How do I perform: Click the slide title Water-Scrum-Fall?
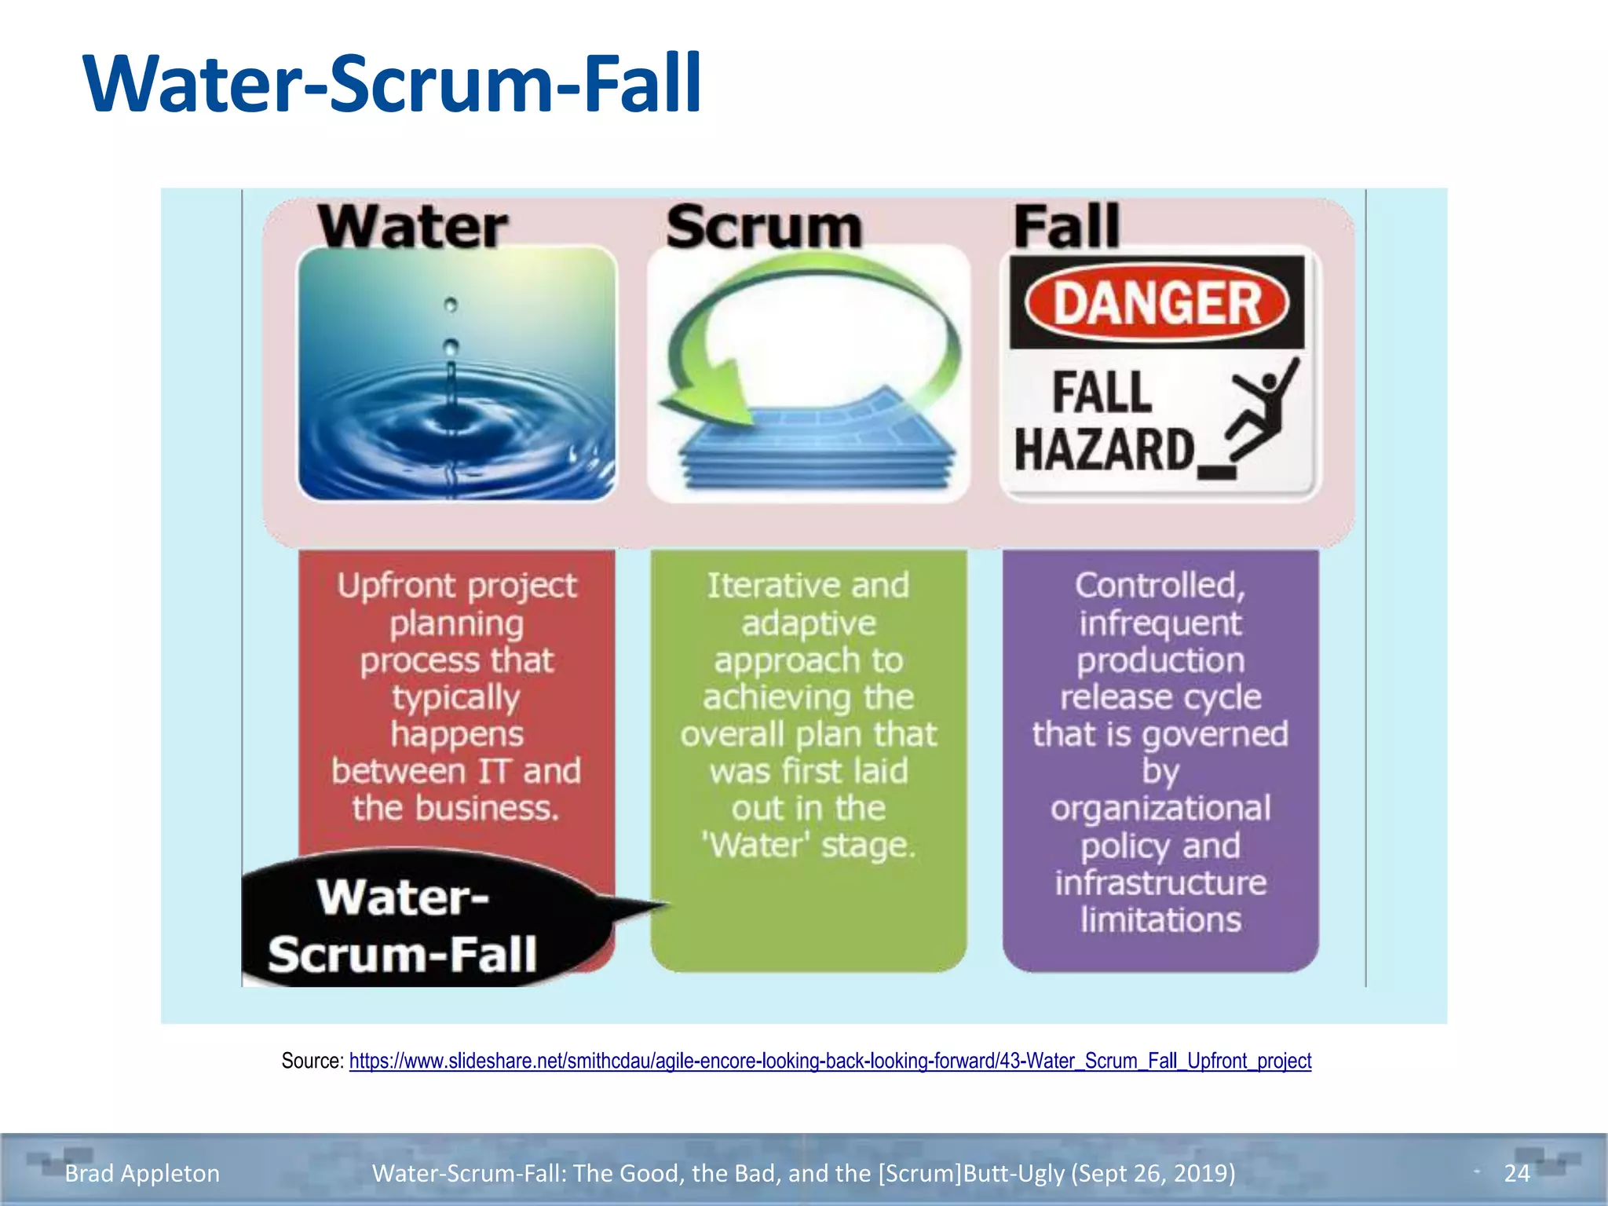tap(392, 83)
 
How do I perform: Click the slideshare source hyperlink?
tap(830, 1061)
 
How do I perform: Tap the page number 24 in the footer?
tap(1516, 1173)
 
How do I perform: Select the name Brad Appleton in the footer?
tap(142, 1173)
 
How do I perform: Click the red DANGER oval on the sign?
tap(1157, 304)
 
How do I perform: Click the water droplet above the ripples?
tap(451, 345)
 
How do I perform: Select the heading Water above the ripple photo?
tap(413, 227)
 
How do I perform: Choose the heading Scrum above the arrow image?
tap(764, 227)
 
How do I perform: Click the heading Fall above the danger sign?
tap(1066, 227)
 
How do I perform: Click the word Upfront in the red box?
tap(384, 586)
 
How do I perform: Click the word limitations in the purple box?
tap(1160, 919)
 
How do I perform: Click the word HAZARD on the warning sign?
tap(1104, 450)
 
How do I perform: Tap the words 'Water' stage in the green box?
tap(809, 846)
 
